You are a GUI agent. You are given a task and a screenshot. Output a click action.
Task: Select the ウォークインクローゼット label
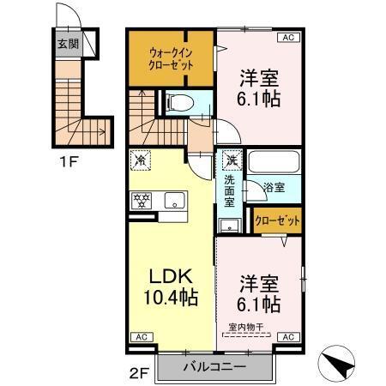[170, 58]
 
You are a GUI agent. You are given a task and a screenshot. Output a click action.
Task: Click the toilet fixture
[178, 102]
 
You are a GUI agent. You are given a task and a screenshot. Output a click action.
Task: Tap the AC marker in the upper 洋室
[287, 36]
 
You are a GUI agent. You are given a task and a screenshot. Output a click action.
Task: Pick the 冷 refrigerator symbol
[141, 160]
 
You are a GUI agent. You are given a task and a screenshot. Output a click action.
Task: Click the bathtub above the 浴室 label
[271, 161]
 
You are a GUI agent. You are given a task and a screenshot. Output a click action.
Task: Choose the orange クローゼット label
[278, 221]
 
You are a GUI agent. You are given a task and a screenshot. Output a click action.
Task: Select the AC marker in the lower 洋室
[289, 338]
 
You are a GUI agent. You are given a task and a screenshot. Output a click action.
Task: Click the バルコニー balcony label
[214, 366]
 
